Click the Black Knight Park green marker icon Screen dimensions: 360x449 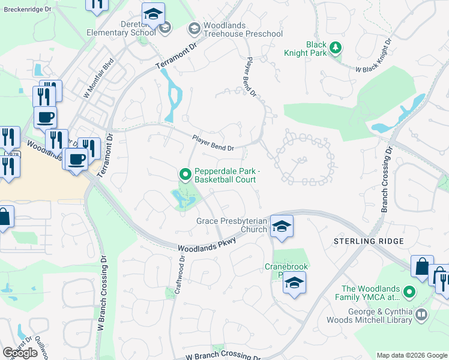point(337,48)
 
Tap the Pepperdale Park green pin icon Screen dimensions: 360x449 point(185,175)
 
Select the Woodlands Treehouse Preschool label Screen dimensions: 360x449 point(243,29)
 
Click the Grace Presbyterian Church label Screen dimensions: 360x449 point(232,225)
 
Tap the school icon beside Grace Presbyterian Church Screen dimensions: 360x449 point(281,226)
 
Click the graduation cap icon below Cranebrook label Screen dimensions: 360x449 point(294,283)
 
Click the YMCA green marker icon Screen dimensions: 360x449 point(409,292)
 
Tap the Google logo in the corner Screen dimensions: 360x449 point(20,353)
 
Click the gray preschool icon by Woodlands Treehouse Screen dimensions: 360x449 point(194,28)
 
